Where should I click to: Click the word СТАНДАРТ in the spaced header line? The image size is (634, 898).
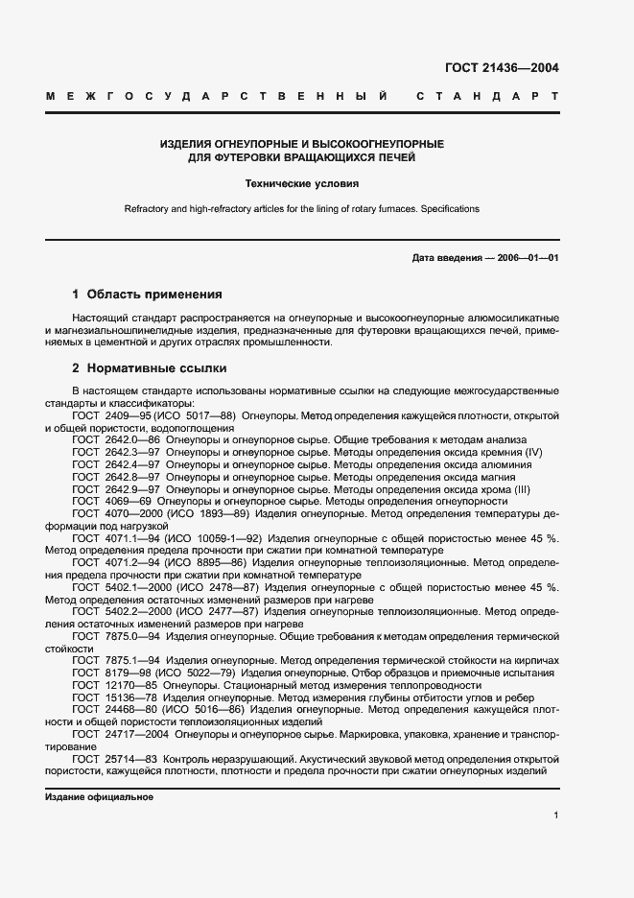click(487, 97)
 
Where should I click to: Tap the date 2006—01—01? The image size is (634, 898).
click(525, 258)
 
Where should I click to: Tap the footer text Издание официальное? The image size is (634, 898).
click(99, 797)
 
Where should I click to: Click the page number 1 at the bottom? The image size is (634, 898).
click(555, 815)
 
